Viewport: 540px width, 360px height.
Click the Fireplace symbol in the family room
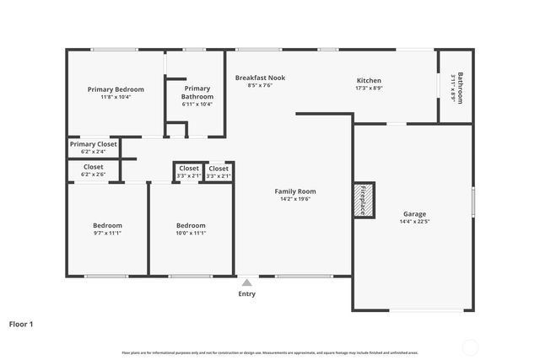(364, 200)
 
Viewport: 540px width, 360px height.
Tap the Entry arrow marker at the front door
(246, 281)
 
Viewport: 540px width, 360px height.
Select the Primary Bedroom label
(116, 89)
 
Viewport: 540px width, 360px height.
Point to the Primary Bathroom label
(197, 92)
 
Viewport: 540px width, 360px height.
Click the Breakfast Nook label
(260, 78)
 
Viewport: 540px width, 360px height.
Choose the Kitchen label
(369, 80)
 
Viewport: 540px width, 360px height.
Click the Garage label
(414, 214)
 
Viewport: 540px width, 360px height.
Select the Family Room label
(295, 191)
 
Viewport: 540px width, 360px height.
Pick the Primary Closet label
(94, 144)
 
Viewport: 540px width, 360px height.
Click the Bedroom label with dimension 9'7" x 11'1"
(107, 225)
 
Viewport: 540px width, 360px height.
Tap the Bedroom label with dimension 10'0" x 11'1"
(191, 225)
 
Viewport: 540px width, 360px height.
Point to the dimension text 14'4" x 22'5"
(414, 222)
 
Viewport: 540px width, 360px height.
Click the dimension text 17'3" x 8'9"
(369, 88)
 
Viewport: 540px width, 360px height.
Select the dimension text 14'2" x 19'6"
(295, 199)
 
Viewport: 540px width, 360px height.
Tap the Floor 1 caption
(21, 323)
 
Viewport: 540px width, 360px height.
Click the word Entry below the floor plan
(246, 293)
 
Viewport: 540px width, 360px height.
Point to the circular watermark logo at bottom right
(472, 345)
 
